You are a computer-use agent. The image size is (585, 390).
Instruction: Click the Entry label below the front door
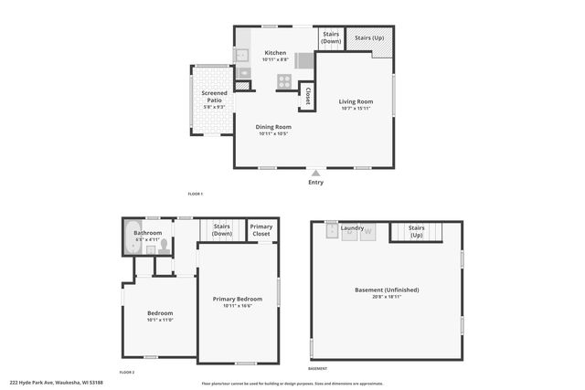[315, 182]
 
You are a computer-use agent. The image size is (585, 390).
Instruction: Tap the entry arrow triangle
[315, 173]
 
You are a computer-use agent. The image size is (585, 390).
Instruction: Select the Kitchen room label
[275, 53]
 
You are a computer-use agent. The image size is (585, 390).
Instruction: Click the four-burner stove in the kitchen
[285, 79]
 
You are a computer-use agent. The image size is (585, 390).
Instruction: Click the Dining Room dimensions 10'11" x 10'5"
[274, 134]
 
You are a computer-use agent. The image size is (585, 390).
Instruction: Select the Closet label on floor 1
[308, 95]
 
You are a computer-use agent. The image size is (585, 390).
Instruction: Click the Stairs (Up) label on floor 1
[369, 37]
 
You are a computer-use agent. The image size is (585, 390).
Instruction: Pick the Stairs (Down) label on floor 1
[331, 37]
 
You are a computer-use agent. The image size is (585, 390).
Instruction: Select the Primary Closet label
[261, 230]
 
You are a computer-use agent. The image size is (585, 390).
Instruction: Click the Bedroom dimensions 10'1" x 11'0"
[160, 320]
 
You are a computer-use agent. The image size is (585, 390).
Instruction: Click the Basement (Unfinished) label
[387, 290]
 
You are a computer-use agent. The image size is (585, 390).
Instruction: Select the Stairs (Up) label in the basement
[416, 231]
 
